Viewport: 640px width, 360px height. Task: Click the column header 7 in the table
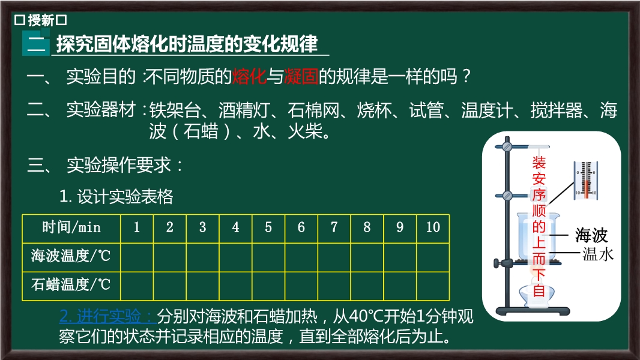pos(334,227)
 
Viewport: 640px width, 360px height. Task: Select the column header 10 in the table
pos(433,227)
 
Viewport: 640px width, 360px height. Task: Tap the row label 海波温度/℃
pos(71,256)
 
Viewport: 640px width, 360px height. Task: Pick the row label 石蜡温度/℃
pos(71,284)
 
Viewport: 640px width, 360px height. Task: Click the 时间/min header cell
pos(71,227)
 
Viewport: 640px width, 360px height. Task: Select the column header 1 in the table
pos(137,227)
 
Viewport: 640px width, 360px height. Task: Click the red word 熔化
pos(249,76)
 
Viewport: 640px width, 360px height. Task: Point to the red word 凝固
pos(301,76)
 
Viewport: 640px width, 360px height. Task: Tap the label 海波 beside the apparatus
pos(591,235)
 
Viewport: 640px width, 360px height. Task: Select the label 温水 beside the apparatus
pos(598,254)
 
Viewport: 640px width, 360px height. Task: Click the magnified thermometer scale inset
pos(586,181)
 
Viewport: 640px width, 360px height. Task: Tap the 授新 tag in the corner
pos(41,20)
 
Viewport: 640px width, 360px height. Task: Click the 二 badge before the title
pos(36,44)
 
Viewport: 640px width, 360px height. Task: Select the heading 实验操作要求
pos(119,165)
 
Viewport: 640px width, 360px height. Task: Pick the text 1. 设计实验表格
pos(116,197)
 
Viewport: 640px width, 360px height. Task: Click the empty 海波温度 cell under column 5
pos(268,257)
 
